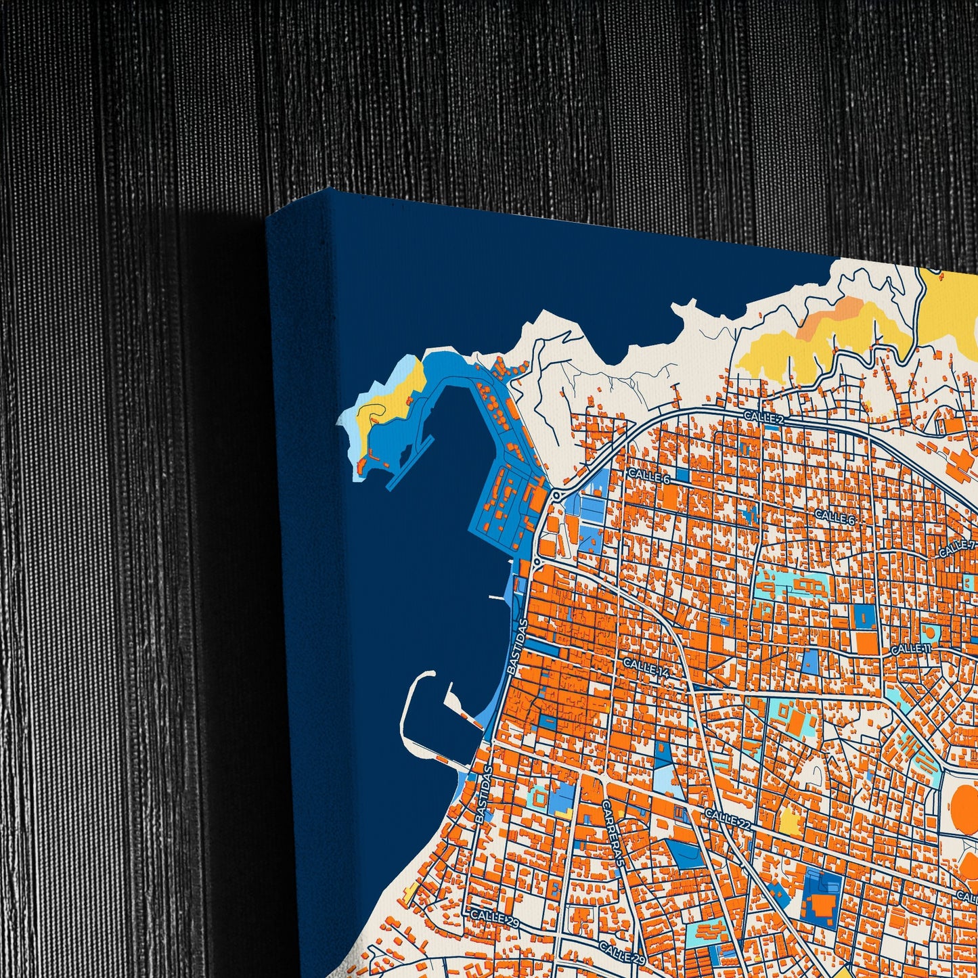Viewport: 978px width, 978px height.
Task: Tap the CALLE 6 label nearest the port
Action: (x=648, y=476)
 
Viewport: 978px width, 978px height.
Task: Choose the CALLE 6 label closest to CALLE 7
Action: (x=835, y=516)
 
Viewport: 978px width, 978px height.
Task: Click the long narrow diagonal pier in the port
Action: (x=410, y=461)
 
